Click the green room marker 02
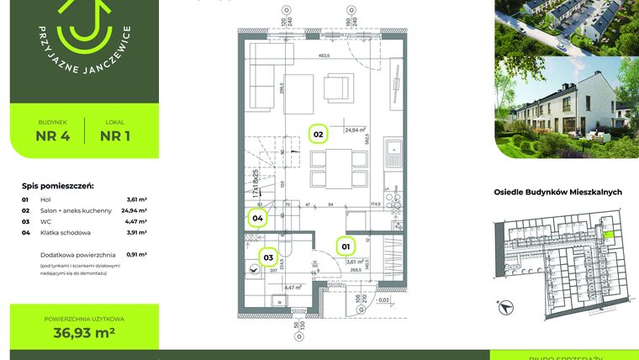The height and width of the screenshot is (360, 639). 319,134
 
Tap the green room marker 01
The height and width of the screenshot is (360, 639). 345,246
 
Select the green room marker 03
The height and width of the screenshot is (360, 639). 268,257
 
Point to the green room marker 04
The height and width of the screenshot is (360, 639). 258,219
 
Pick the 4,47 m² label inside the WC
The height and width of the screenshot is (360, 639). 292,288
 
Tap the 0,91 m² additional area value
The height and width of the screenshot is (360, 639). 136,253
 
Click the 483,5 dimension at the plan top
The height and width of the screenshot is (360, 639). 323,56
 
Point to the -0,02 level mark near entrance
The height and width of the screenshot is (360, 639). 382,299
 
